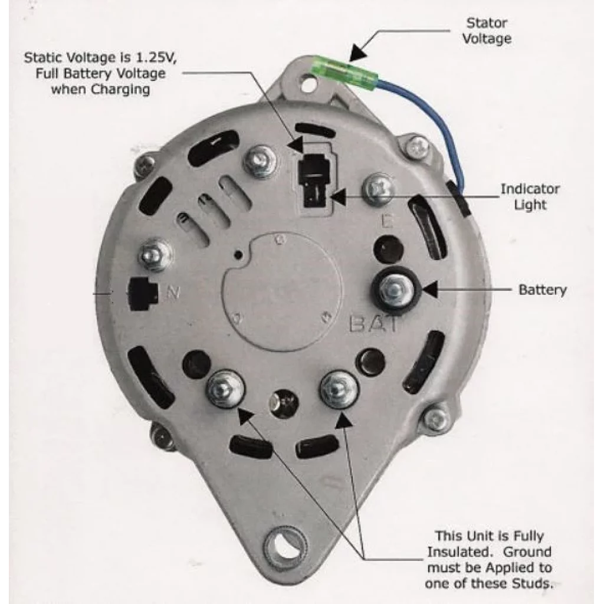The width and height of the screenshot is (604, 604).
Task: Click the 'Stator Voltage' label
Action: click(x=486, y=31)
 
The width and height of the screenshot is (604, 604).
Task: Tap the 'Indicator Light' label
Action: click(x=530, y=197)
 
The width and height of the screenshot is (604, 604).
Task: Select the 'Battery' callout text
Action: click(x=542, y=290)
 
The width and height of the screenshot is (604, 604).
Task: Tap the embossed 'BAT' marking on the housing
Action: click(x=375, y=324)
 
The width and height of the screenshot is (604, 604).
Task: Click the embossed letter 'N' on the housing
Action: click(x=173, y=292)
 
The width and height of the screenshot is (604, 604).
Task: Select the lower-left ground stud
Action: click(x=225, y=388)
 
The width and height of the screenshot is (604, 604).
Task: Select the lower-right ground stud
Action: click(x=339, y=389)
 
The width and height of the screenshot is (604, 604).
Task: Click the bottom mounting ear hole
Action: click(x=285, y=546)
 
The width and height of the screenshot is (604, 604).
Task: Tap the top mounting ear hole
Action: click(x=308, y=84)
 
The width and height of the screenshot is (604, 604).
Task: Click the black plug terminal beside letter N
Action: click(x=142, y=293)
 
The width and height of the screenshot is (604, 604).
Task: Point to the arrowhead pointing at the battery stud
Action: click(x=430, y=290)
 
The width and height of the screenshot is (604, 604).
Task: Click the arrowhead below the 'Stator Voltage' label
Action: click(x=356, y=54)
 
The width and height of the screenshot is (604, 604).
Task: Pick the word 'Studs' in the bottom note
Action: click(x=533, y=584)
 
